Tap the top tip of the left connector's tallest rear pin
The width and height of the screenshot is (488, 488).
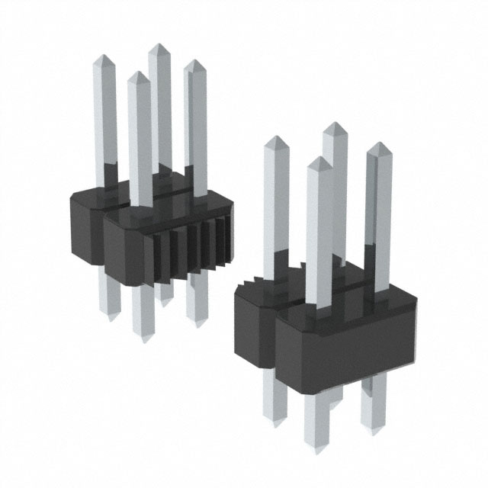click(x=159, y=45)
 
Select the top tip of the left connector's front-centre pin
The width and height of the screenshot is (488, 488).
click(x=138, y=73)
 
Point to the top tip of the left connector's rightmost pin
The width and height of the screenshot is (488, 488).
click(x=194, y=61)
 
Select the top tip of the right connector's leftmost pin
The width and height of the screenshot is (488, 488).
click(x=275, y=138)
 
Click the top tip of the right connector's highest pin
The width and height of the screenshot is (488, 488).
click(x=333, y=124)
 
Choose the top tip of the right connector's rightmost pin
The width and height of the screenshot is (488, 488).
click(x=375, y=144)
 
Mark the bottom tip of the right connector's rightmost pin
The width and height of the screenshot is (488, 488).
click(x=374, y=430)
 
